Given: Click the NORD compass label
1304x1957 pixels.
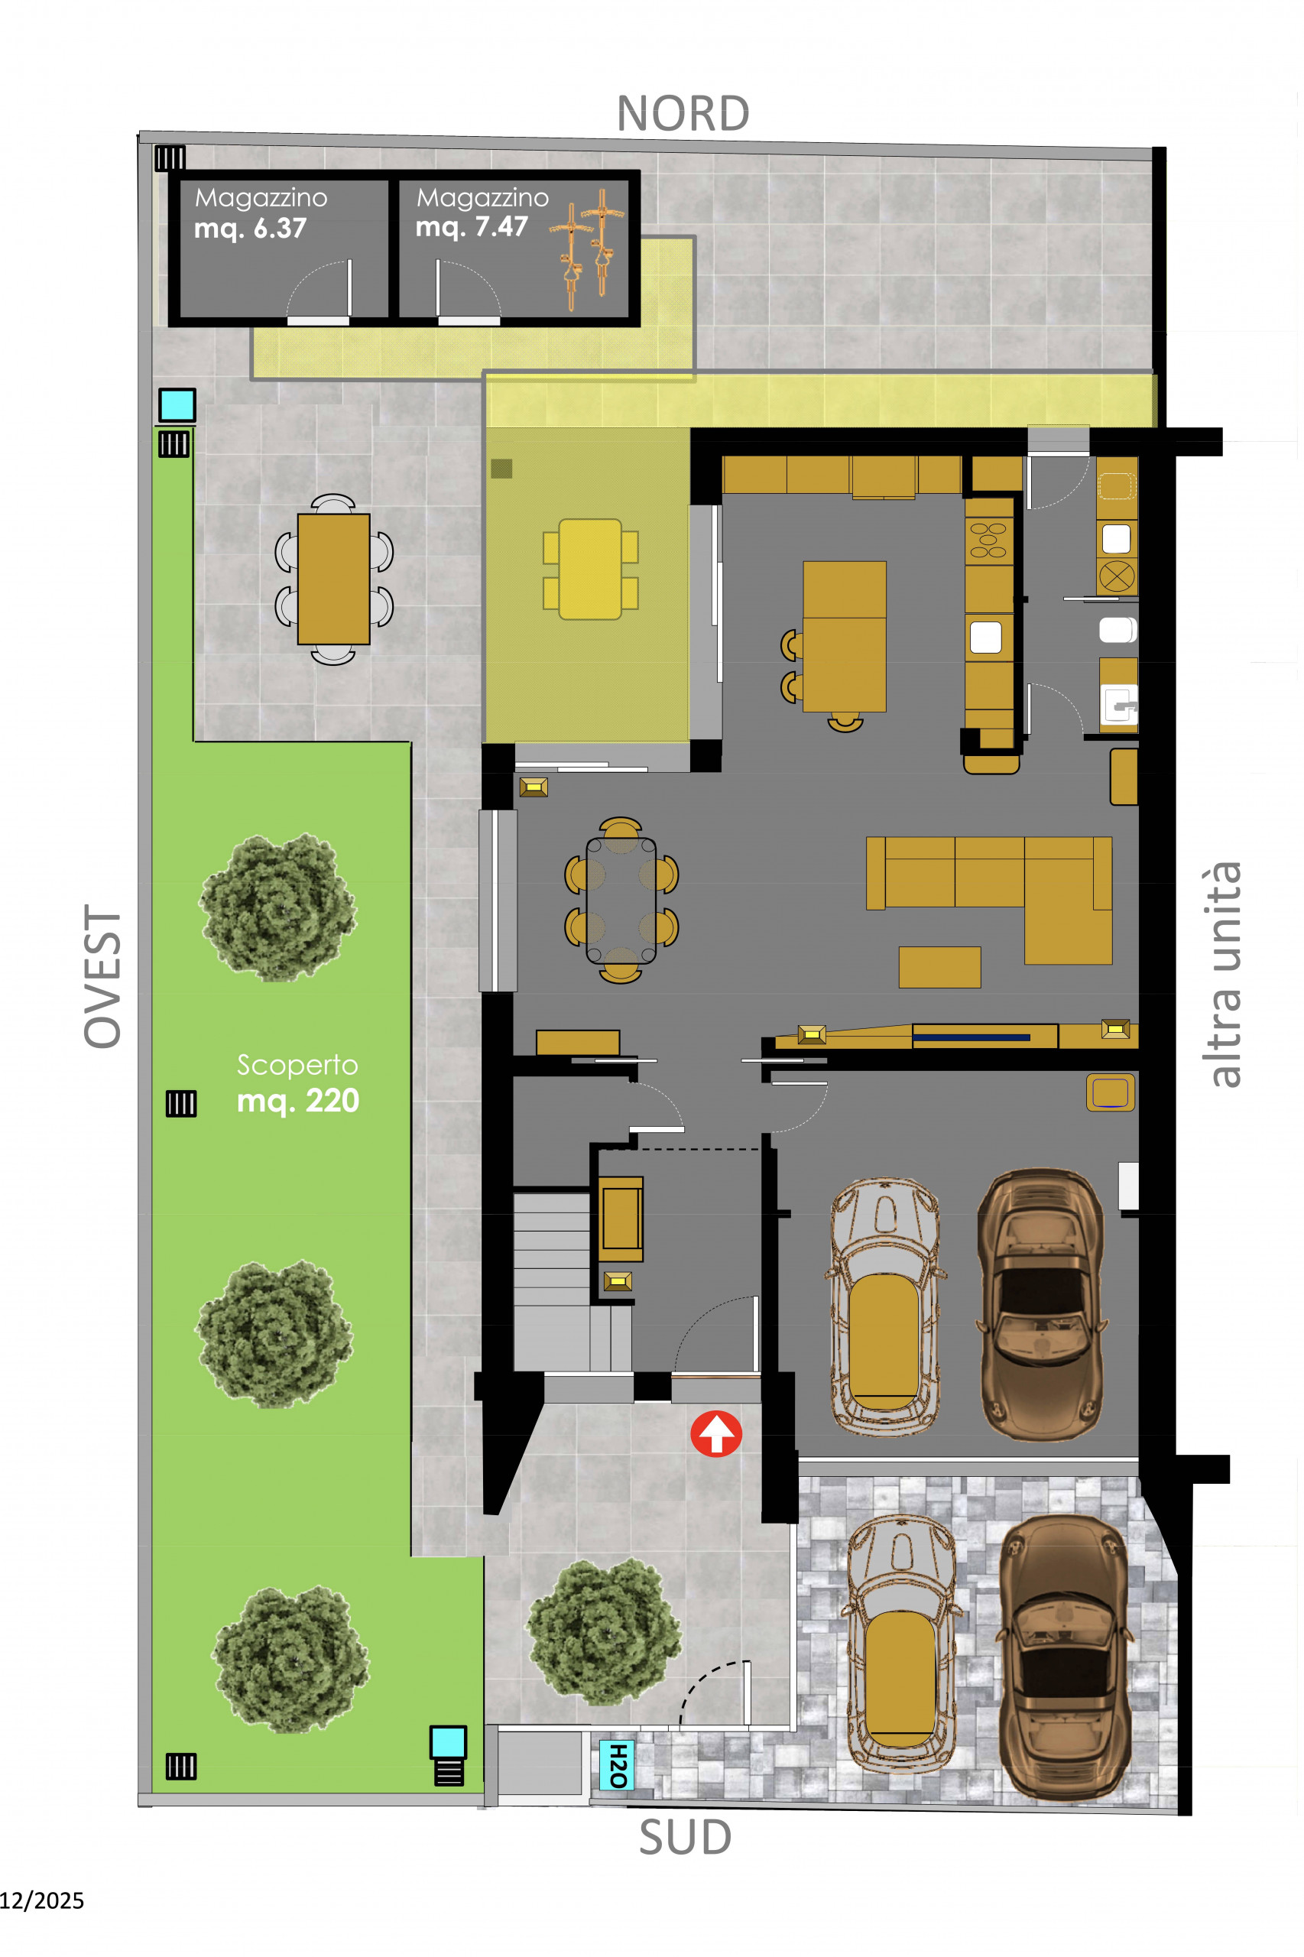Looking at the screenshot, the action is coord(683,114).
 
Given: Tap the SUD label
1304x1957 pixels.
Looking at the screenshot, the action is coord(686,1837).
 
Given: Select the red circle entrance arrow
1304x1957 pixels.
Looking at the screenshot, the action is coord(716,1434).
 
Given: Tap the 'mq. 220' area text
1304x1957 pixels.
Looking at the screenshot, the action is coord(298,1101).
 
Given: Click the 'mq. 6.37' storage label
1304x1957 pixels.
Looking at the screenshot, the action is coord(250,228).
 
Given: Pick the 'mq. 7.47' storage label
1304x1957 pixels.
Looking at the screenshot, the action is coord(472,226).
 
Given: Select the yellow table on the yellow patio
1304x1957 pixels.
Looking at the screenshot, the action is coord(589,570).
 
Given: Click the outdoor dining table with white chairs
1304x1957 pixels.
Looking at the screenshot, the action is coord(333,579).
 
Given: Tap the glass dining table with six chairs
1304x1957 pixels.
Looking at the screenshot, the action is coord(621,900).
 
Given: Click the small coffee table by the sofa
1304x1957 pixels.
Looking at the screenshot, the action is coord(939,967).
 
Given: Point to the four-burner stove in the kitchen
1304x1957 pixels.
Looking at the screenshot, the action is coord(989,540).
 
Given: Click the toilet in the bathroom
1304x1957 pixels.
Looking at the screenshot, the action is coord(1117,630).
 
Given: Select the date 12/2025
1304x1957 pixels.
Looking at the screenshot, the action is coord(41,1900).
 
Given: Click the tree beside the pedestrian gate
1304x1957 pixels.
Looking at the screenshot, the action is coord(605,1632).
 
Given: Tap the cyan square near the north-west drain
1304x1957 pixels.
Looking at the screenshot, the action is coord(177,405).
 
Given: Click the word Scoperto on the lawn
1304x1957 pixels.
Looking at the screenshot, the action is coord(298,1065).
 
